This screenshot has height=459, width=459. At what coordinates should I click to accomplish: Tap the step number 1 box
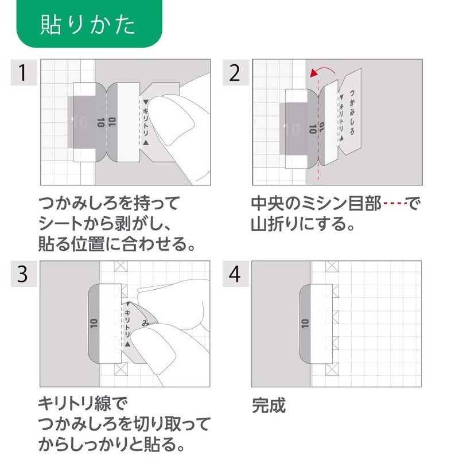coord(22,73)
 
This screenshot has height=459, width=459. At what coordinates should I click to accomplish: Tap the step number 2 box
coord(234,73)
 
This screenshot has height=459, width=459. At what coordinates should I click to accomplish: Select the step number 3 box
coord(22,274)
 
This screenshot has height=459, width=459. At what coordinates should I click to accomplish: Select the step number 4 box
coord(234,274)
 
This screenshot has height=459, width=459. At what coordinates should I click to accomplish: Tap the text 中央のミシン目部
coord(316,204)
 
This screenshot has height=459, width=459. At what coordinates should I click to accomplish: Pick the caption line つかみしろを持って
coord(109,204)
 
